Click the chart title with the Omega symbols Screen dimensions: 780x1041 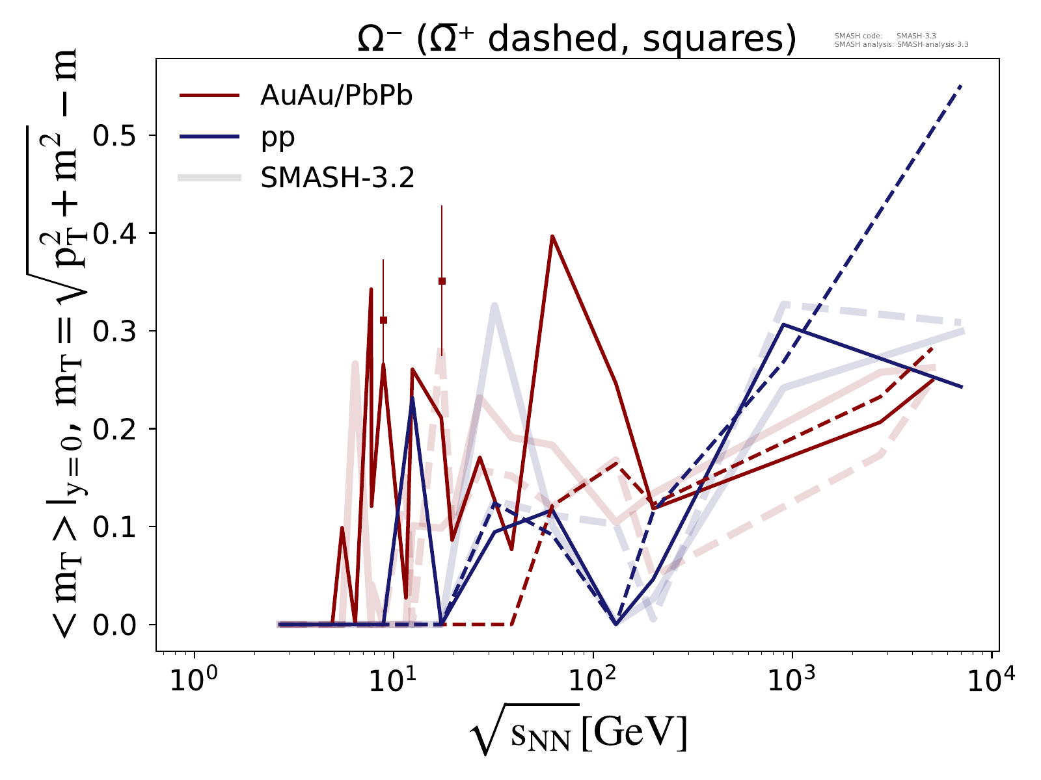pos(576,40)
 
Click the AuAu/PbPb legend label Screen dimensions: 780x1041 pos(336,96)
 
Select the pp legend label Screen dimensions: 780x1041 pos(278,137)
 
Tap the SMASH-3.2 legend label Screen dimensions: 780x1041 pos(338,178)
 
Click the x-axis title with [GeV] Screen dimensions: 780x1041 pos(578,735)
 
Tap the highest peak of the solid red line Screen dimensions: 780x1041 pos(552,237)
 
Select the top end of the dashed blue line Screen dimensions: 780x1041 pos(960,86)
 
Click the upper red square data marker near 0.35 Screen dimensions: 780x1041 pos(442,281)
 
